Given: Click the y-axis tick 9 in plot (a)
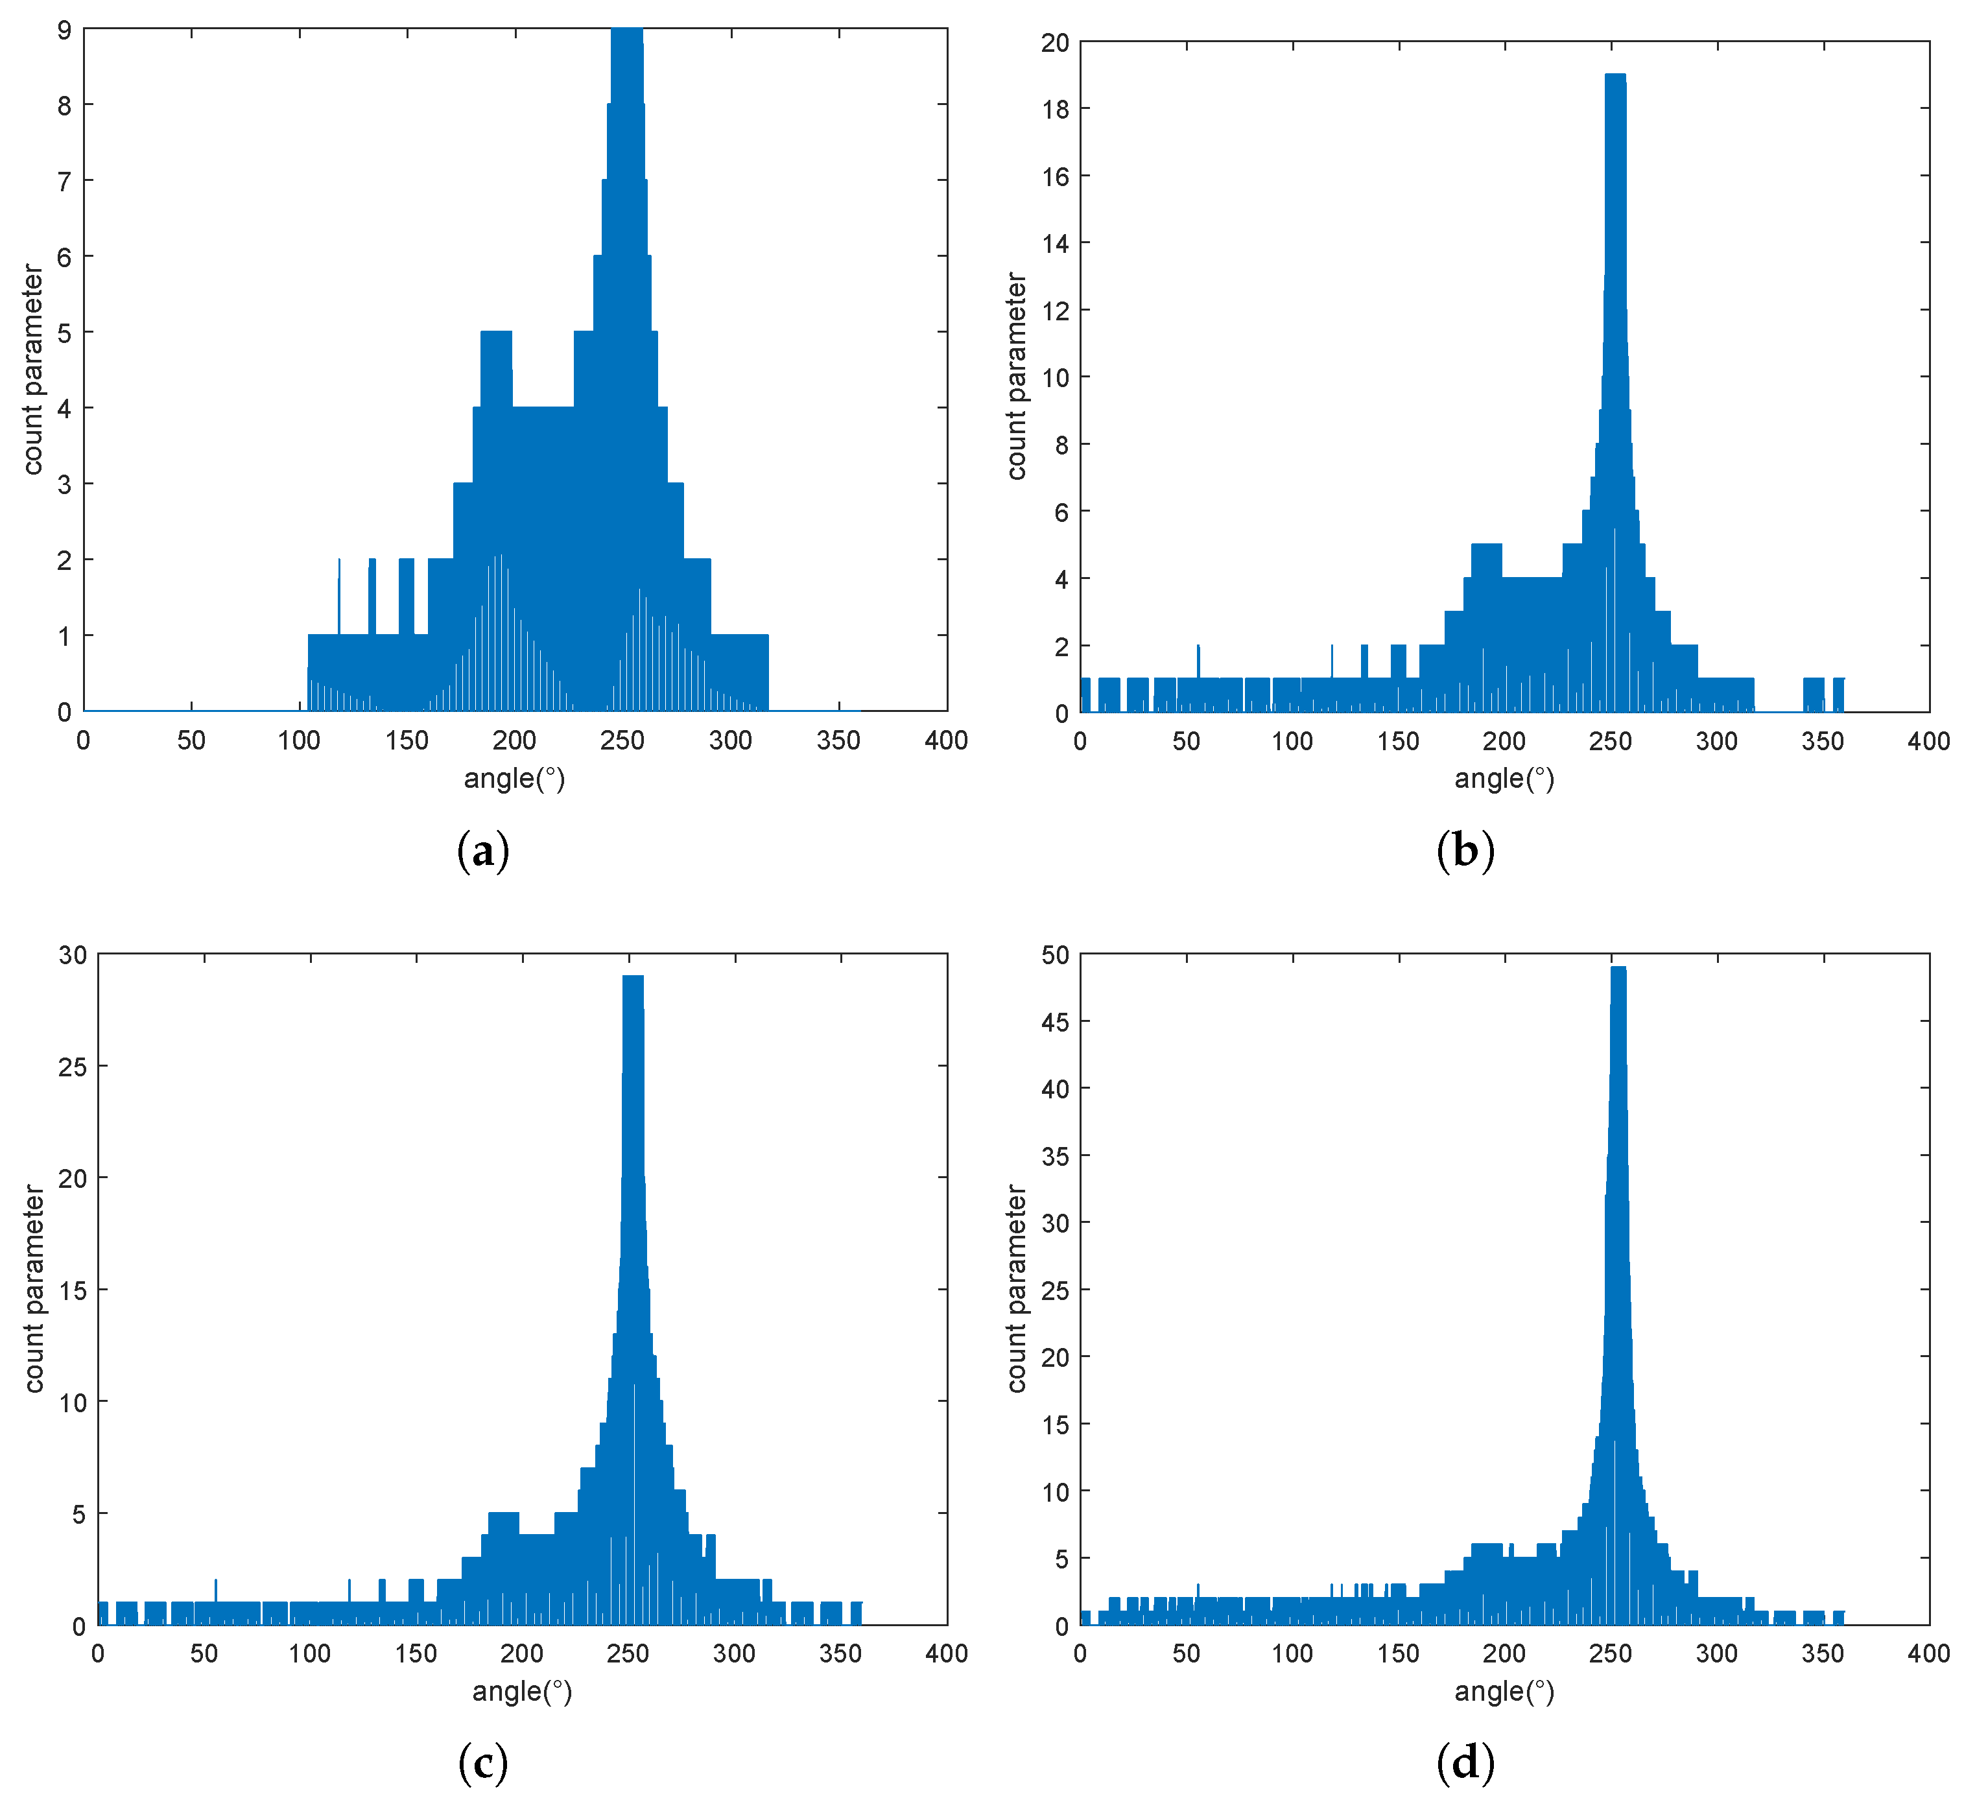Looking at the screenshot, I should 64,30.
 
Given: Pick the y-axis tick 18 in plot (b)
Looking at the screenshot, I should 1055,109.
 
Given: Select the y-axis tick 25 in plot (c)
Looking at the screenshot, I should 72,1067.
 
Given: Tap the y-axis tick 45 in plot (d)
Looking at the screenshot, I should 1055,1022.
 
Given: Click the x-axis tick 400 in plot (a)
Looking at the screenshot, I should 946,741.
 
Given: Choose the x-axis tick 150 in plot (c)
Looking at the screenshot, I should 416,1654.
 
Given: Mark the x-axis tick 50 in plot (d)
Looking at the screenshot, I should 1186,1654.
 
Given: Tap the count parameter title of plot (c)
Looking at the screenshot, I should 35,1288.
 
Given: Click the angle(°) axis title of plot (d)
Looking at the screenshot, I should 1504,1692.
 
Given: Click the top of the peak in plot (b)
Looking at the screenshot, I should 1615,75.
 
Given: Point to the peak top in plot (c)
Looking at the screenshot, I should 632,977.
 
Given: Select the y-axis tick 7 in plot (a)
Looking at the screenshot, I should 64,181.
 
